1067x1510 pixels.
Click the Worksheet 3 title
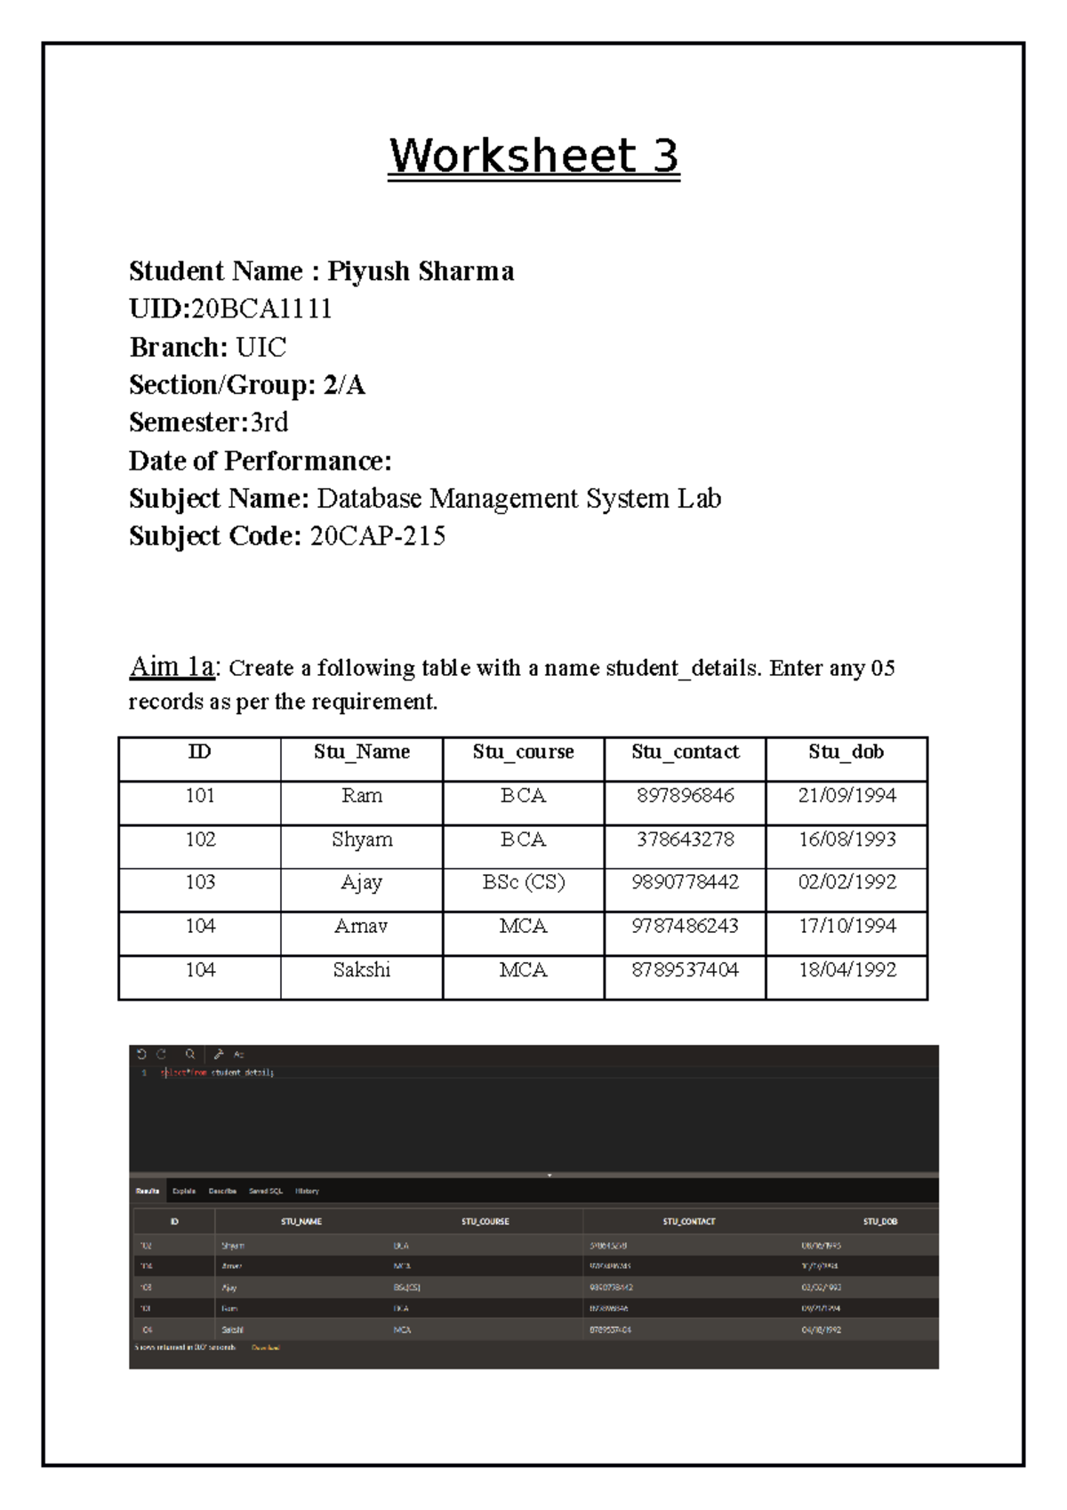tap(533, 157)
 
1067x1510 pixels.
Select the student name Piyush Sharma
tap(421, 271)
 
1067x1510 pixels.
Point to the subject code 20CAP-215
tap(377, 536)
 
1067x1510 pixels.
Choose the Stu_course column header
tap(523, 752)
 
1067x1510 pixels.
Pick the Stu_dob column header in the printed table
tap(846, 752)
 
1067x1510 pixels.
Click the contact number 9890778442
tap(685, 882)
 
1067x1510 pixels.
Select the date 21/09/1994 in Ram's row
tap(846, 796)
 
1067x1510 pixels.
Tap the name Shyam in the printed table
tap(362, 839)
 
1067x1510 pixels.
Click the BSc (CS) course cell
tap(523, 882)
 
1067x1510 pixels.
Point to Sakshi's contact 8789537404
tap(685, 970)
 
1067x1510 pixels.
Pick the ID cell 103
tap(200, 882)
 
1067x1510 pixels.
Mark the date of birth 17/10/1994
tap(846, 927)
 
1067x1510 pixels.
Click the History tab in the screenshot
tap(307, 1191)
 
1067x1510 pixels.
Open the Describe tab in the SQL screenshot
tap(222, 1191)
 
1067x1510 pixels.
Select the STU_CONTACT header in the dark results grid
tap(689, 1222)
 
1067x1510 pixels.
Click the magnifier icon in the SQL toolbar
tap(190, 1055)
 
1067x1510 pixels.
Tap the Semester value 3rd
tap(269, 422)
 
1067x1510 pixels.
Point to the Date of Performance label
tap(260, 461)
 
